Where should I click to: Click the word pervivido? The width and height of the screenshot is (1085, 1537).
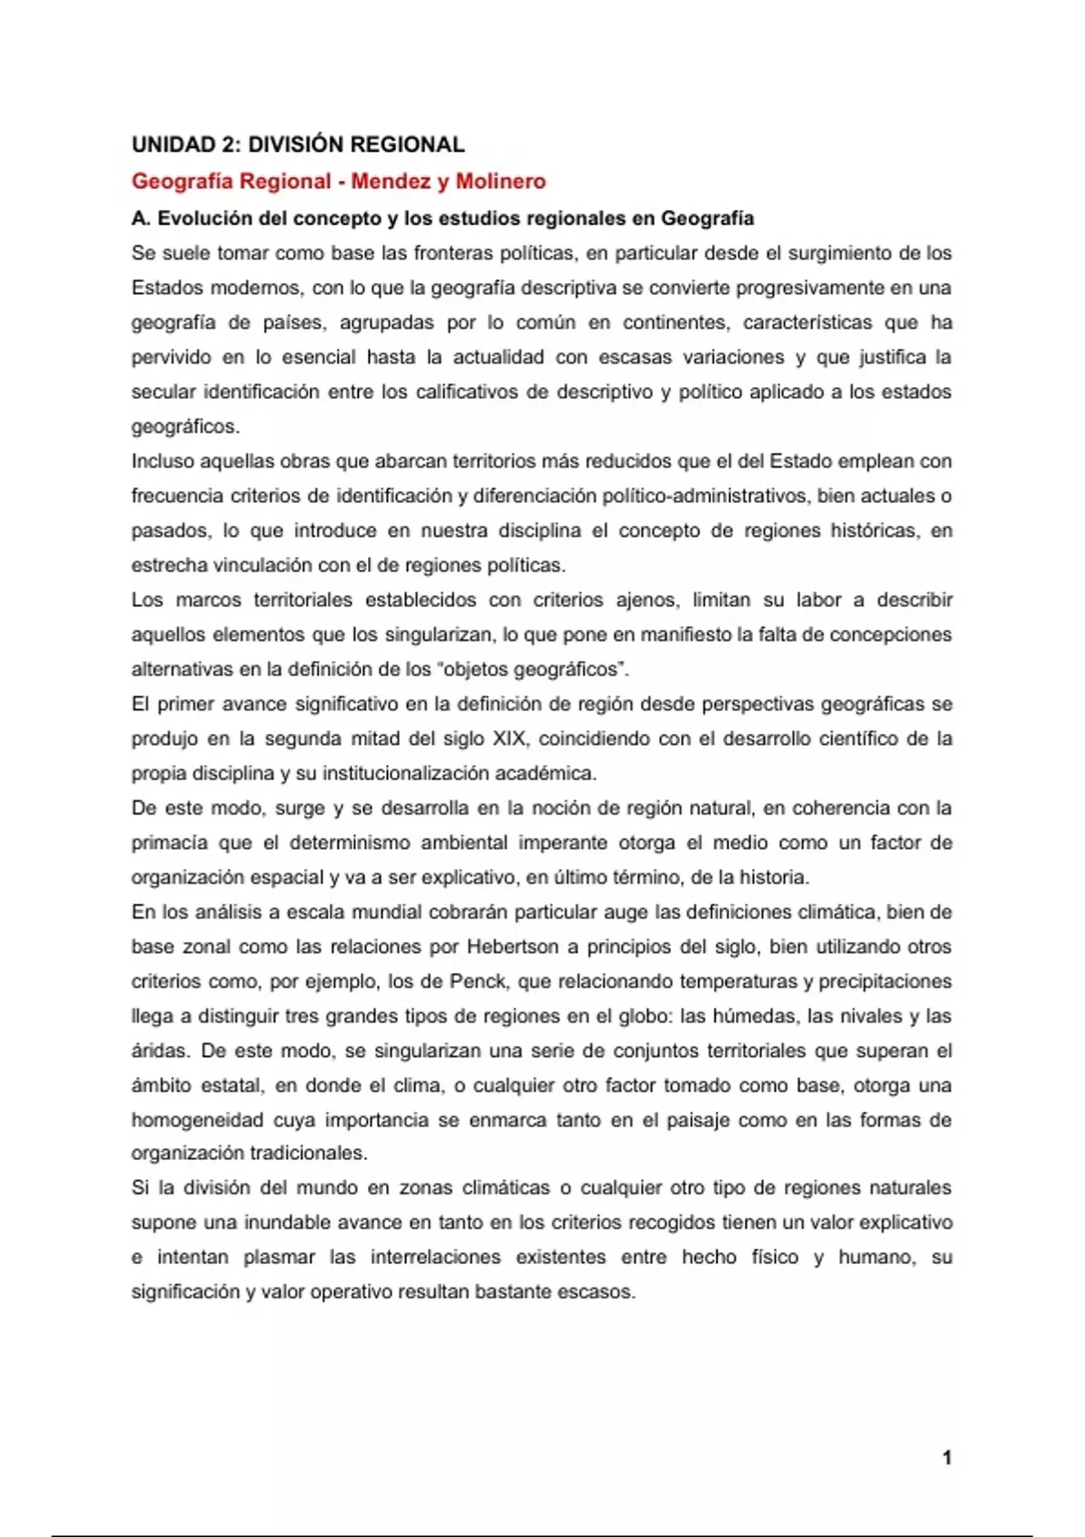coord(170,357)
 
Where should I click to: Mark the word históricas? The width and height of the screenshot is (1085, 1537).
coord(874,531)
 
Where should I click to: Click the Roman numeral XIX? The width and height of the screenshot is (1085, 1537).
coord(511,739)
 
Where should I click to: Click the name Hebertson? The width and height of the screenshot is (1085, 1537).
coord(512,947)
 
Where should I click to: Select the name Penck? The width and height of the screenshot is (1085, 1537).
coord(477,982)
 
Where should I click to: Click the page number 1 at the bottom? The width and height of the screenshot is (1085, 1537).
coord(947,1457)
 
